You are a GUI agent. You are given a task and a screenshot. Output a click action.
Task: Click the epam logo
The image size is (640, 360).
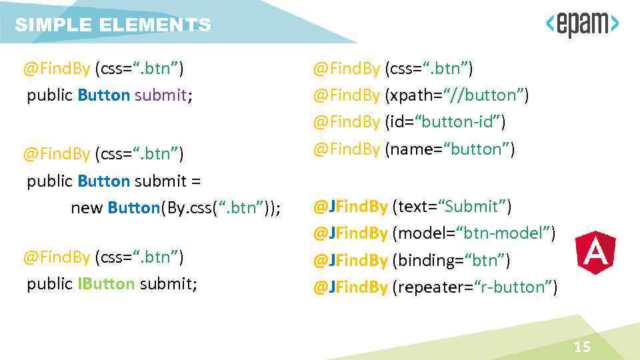(582, 25)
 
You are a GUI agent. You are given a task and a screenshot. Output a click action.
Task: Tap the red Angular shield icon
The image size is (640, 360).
(595, 254)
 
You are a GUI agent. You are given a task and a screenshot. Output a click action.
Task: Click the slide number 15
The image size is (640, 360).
(582, 347)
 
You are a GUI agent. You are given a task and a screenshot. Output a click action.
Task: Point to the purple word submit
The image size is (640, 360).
(161, 95)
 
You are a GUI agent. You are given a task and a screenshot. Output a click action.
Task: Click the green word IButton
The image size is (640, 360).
(106, 284)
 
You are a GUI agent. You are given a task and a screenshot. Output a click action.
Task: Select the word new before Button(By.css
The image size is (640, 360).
(87, 208)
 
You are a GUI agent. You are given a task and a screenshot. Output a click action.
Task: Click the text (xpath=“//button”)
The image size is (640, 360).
(457, 95)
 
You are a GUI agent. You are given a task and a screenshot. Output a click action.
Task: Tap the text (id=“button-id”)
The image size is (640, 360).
(445, 122)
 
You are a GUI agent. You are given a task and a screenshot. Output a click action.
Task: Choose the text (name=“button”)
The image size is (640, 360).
(449, 149)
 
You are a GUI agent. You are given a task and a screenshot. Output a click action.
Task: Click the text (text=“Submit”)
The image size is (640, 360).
(452, 207)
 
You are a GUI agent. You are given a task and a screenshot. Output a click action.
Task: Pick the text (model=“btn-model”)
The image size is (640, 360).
(474, 233)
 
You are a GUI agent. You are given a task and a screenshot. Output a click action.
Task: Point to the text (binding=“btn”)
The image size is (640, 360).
(451, 260)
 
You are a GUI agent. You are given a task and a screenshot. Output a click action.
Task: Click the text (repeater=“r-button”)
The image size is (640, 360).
(475, 287)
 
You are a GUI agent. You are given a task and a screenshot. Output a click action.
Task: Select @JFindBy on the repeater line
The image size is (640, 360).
(350, 287)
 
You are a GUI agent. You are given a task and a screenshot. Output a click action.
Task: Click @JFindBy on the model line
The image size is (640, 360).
(350, 233)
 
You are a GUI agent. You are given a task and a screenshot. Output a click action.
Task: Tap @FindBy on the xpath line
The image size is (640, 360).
(346, 95)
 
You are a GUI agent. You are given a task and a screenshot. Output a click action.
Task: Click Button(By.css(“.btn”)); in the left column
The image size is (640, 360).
(194, 208)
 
